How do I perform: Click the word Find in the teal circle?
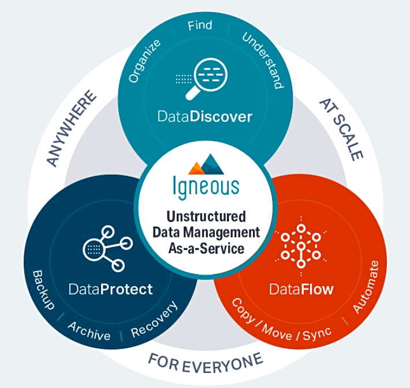point(200,25)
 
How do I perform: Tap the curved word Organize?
point(144,61)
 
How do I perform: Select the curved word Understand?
point(263,61)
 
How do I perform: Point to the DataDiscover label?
point(205,116)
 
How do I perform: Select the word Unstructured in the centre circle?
point(206,216)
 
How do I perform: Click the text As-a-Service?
point(206,248)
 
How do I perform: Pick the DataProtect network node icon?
point(108,249)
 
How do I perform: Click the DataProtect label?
point(111,289)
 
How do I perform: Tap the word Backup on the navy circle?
point(43,290)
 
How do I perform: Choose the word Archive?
point(89,331)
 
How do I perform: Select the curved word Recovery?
point(154,319)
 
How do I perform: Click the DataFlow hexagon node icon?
point(301,246)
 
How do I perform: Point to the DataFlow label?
point(301,289)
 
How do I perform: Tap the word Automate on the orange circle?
point(366,287)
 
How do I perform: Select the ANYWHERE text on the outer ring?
point(71,129)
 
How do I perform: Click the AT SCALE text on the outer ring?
point(341,130)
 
